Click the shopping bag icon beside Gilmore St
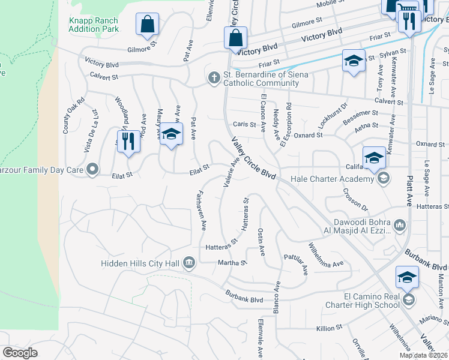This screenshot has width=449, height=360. pyautogui.click(x=146, y=25)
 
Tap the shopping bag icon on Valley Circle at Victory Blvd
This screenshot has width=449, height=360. pyautogui.click(x=235, y=37)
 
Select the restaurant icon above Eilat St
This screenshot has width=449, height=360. pyautogui.click(x=128, y=142)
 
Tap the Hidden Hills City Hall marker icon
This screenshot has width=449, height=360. pyautogui.click(x=189, y=262)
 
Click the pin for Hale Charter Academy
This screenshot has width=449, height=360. pyautogui.click(x=382, y=178)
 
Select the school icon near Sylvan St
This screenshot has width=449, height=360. pyautogui.click(x=354, y=61)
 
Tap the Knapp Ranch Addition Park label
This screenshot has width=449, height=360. pyautogui.click(x=93, y=25)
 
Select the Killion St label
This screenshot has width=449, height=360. pyautogui.click(x=330, y=328)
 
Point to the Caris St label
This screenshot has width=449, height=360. pyautogui.click(x=244, y=125)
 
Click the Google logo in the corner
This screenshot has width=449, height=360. pyautogui.click(x=20, y=352)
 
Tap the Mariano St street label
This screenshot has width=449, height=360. pyautogui.click(x=434, y=319)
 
